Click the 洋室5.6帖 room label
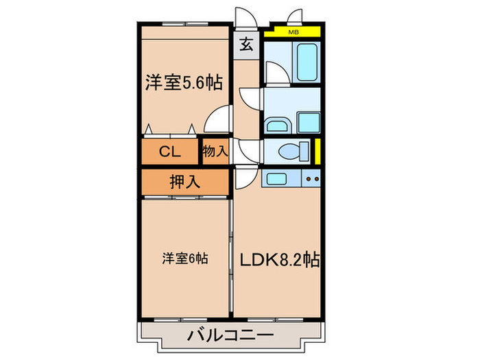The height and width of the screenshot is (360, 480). tap(183, 84)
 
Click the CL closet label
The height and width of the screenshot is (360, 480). tap(170, 152)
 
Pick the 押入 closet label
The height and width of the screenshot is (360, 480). tap(184, 182)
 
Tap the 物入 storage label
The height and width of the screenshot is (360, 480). tap(214, 152)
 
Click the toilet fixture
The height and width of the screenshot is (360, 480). tap(289, 150)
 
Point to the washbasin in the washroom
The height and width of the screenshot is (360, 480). tap(276, 125)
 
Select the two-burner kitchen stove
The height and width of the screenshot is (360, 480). tap(312, 180)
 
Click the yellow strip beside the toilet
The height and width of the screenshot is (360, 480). tap(319, 149)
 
